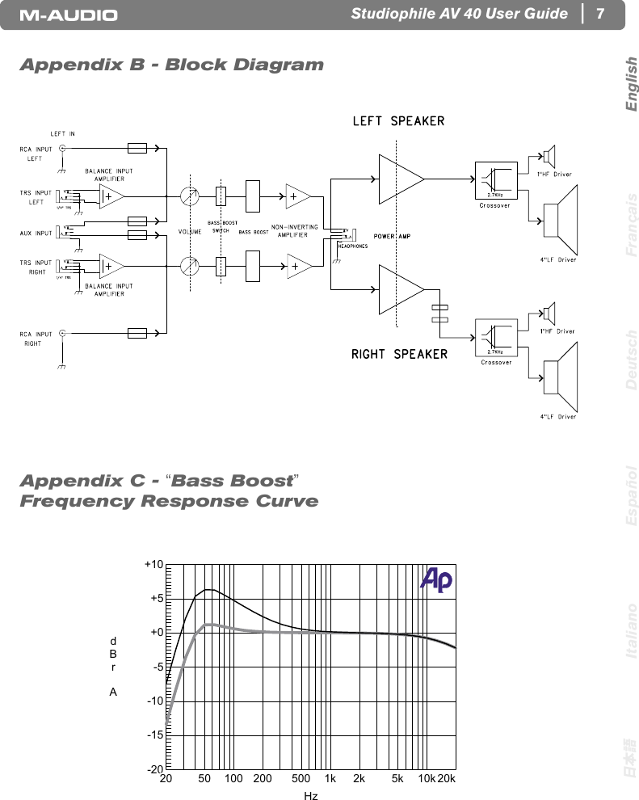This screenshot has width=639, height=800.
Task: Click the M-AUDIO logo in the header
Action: pos(69,15)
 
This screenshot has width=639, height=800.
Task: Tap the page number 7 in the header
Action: pos(599,15)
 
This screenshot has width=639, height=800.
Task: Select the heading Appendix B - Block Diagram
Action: pos(171,65)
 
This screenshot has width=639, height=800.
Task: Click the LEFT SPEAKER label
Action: pos(397,121)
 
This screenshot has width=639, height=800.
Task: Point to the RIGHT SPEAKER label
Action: pos(399,354)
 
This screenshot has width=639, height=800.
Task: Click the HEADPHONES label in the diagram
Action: pos(352,246)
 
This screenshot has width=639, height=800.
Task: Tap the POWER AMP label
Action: pos(393,236)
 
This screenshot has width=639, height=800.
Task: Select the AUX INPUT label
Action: pos(36,233)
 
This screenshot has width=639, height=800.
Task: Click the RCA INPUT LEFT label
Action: pos(36,154)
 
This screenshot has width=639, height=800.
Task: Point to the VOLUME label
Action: pos(190,232)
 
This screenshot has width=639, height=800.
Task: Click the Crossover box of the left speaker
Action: pos(496,181)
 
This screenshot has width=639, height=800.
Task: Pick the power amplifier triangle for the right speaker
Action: pos(401,291)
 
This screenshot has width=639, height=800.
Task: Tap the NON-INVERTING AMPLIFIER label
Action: pos(294,231)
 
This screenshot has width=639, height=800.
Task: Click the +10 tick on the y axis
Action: pos(154,564)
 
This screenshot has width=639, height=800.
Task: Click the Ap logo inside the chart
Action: pos(436,580)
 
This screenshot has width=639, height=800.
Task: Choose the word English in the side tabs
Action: pos(631,84)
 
